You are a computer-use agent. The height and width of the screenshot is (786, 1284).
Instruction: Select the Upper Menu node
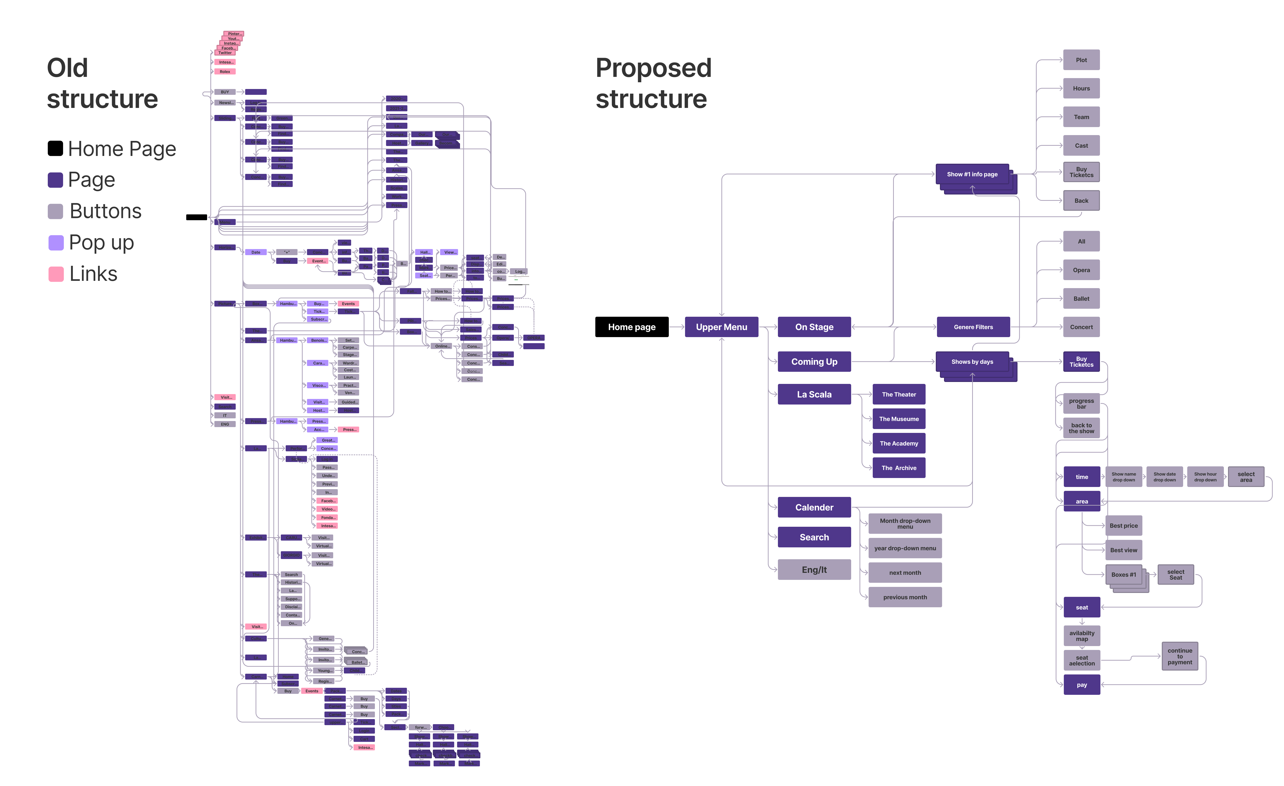[721, 327]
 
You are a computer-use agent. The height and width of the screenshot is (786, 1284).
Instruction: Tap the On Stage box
[814, 327]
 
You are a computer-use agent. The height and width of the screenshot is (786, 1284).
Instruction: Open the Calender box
[814, 507]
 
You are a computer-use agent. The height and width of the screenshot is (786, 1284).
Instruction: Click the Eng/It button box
[814, 570]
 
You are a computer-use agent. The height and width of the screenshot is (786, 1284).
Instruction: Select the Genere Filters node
[973, 327]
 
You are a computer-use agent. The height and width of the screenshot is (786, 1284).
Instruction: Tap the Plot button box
[1081, 60]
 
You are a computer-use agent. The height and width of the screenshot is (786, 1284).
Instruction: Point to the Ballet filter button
[1081, 299]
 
